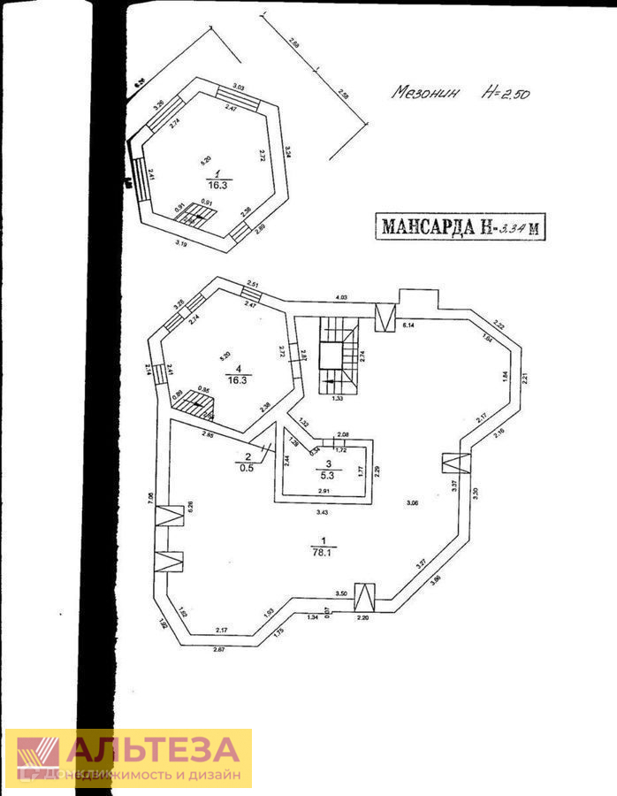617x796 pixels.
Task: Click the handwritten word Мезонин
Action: pos(427,92)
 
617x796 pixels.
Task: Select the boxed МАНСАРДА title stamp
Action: pos(461,226)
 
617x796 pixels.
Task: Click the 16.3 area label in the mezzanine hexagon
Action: pos(217,186)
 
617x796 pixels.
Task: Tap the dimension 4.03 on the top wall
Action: pos(340,297)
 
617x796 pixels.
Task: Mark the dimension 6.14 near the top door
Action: pos(409,326)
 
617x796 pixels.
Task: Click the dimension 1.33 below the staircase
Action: pos(337,399)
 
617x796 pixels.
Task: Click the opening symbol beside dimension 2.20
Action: pos(363,597)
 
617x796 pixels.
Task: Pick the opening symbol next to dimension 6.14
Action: pos(385,316)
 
